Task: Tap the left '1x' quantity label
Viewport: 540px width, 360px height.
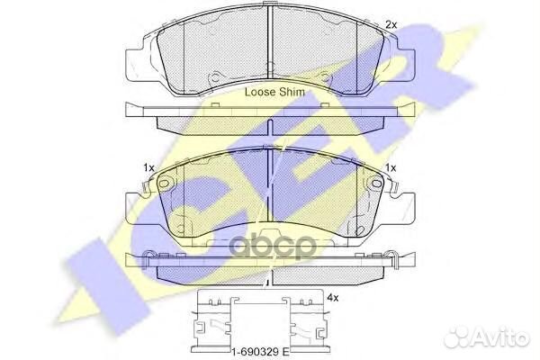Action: [148, 167]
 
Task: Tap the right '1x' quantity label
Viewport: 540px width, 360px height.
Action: [391, 167]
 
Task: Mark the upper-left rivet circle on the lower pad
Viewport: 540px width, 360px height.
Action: [165, 184]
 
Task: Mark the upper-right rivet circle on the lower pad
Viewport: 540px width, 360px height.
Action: [376, 184]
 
